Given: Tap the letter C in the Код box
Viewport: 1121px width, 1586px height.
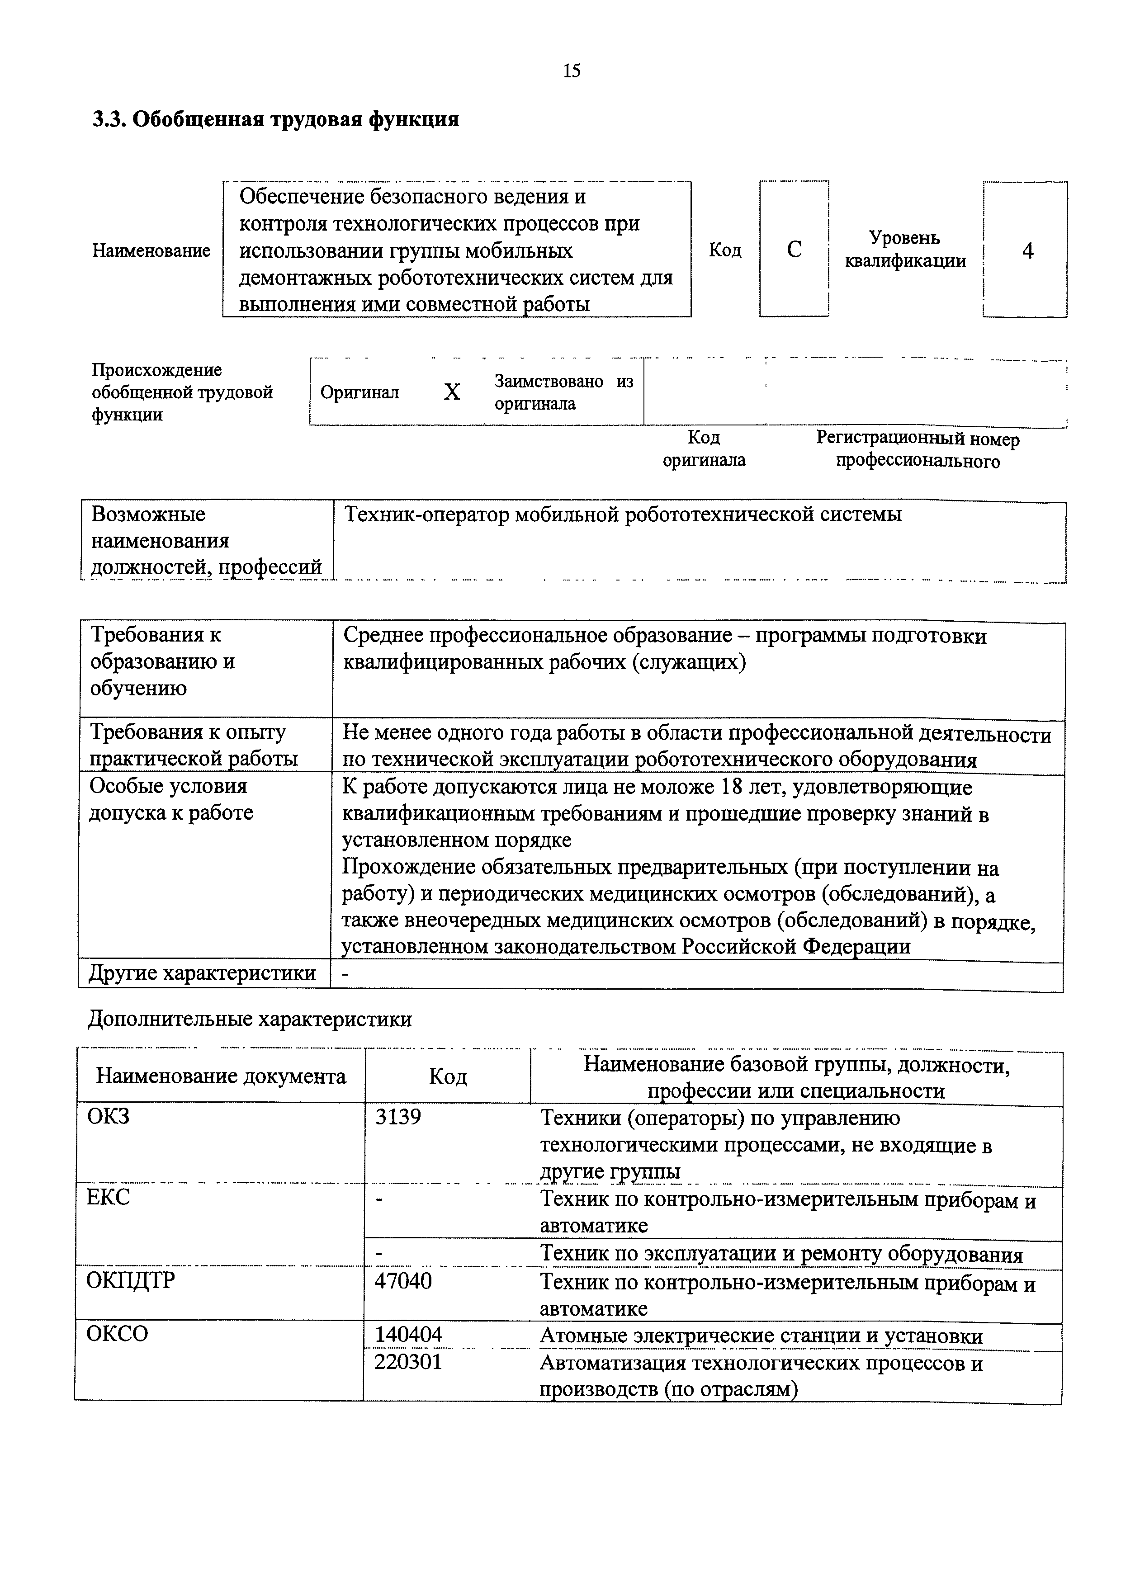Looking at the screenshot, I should (x=795, y=250).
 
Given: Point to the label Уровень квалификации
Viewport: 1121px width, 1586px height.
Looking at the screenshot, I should (x=905, y=250).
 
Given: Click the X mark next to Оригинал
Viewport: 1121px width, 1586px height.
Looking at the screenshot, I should (x=452, y=392).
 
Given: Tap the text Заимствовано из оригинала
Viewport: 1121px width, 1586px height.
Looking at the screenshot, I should (x=563, y=392).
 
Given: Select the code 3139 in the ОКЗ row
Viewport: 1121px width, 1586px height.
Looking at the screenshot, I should (x=398, y=1117).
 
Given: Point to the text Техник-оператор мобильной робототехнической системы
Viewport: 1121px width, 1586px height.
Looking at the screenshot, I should (x=622, y=515).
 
